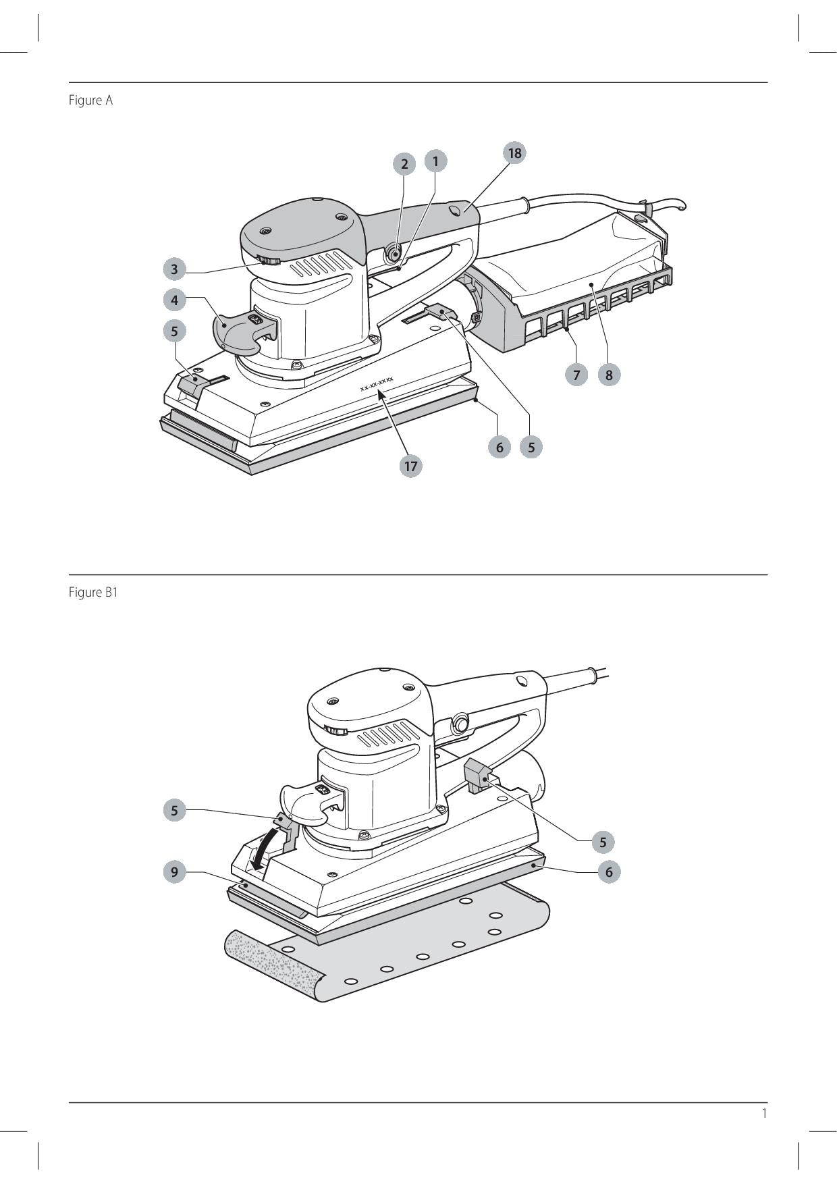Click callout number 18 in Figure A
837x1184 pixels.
tap(514, 153)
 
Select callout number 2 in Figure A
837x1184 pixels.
tap(404, 163)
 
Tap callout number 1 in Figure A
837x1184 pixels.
tap(435, 161)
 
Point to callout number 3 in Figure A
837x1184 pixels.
tap(174, 269)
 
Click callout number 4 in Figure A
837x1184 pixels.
tap(174, 300)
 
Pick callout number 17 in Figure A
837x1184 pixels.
tap(410, 466)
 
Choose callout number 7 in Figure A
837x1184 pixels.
tap(576, 375)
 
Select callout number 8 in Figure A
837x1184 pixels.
tap(609, 375)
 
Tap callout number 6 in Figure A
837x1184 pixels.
tap(500, 447)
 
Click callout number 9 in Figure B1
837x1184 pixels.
tap(174, 871)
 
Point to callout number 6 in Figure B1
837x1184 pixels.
tap(609, 871)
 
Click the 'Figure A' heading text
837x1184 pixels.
tap(90, 101)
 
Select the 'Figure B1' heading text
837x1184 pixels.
tap(93, 593)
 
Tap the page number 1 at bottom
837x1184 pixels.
tap(764, 1113)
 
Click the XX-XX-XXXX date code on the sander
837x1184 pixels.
tap(377, 384)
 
